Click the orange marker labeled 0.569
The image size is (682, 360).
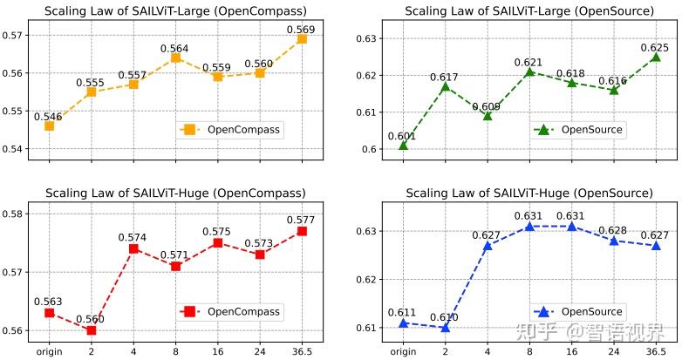click(302, 38)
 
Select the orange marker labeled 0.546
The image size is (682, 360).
click(49, 126)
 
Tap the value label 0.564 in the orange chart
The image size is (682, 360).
click(175, 48)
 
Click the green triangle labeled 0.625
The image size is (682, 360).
click(656, 57)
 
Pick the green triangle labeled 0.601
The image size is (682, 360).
click(403, 145)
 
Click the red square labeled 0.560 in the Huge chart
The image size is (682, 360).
click(91, 330)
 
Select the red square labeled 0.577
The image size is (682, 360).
click(302, 231)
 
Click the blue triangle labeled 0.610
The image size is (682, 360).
click(445, 327)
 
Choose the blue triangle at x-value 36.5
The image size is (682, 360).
click(656, 245)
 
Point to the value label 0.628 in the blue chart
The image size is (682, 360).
click(614, 230)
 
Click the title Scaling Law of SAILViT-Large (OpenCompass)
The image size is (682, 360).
click(175, 10)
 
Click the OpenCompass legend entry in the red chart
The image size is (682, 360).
click(234, 311)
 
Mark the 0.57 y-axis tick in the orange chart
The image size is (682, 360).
click(15, 36)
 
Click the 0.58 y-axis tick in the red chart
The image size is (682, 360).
click(15, 214)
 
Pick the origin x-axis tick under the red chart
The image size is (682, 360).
click(49, 351)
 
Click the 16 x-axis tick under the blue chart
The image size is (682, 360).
click(571, 351)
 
